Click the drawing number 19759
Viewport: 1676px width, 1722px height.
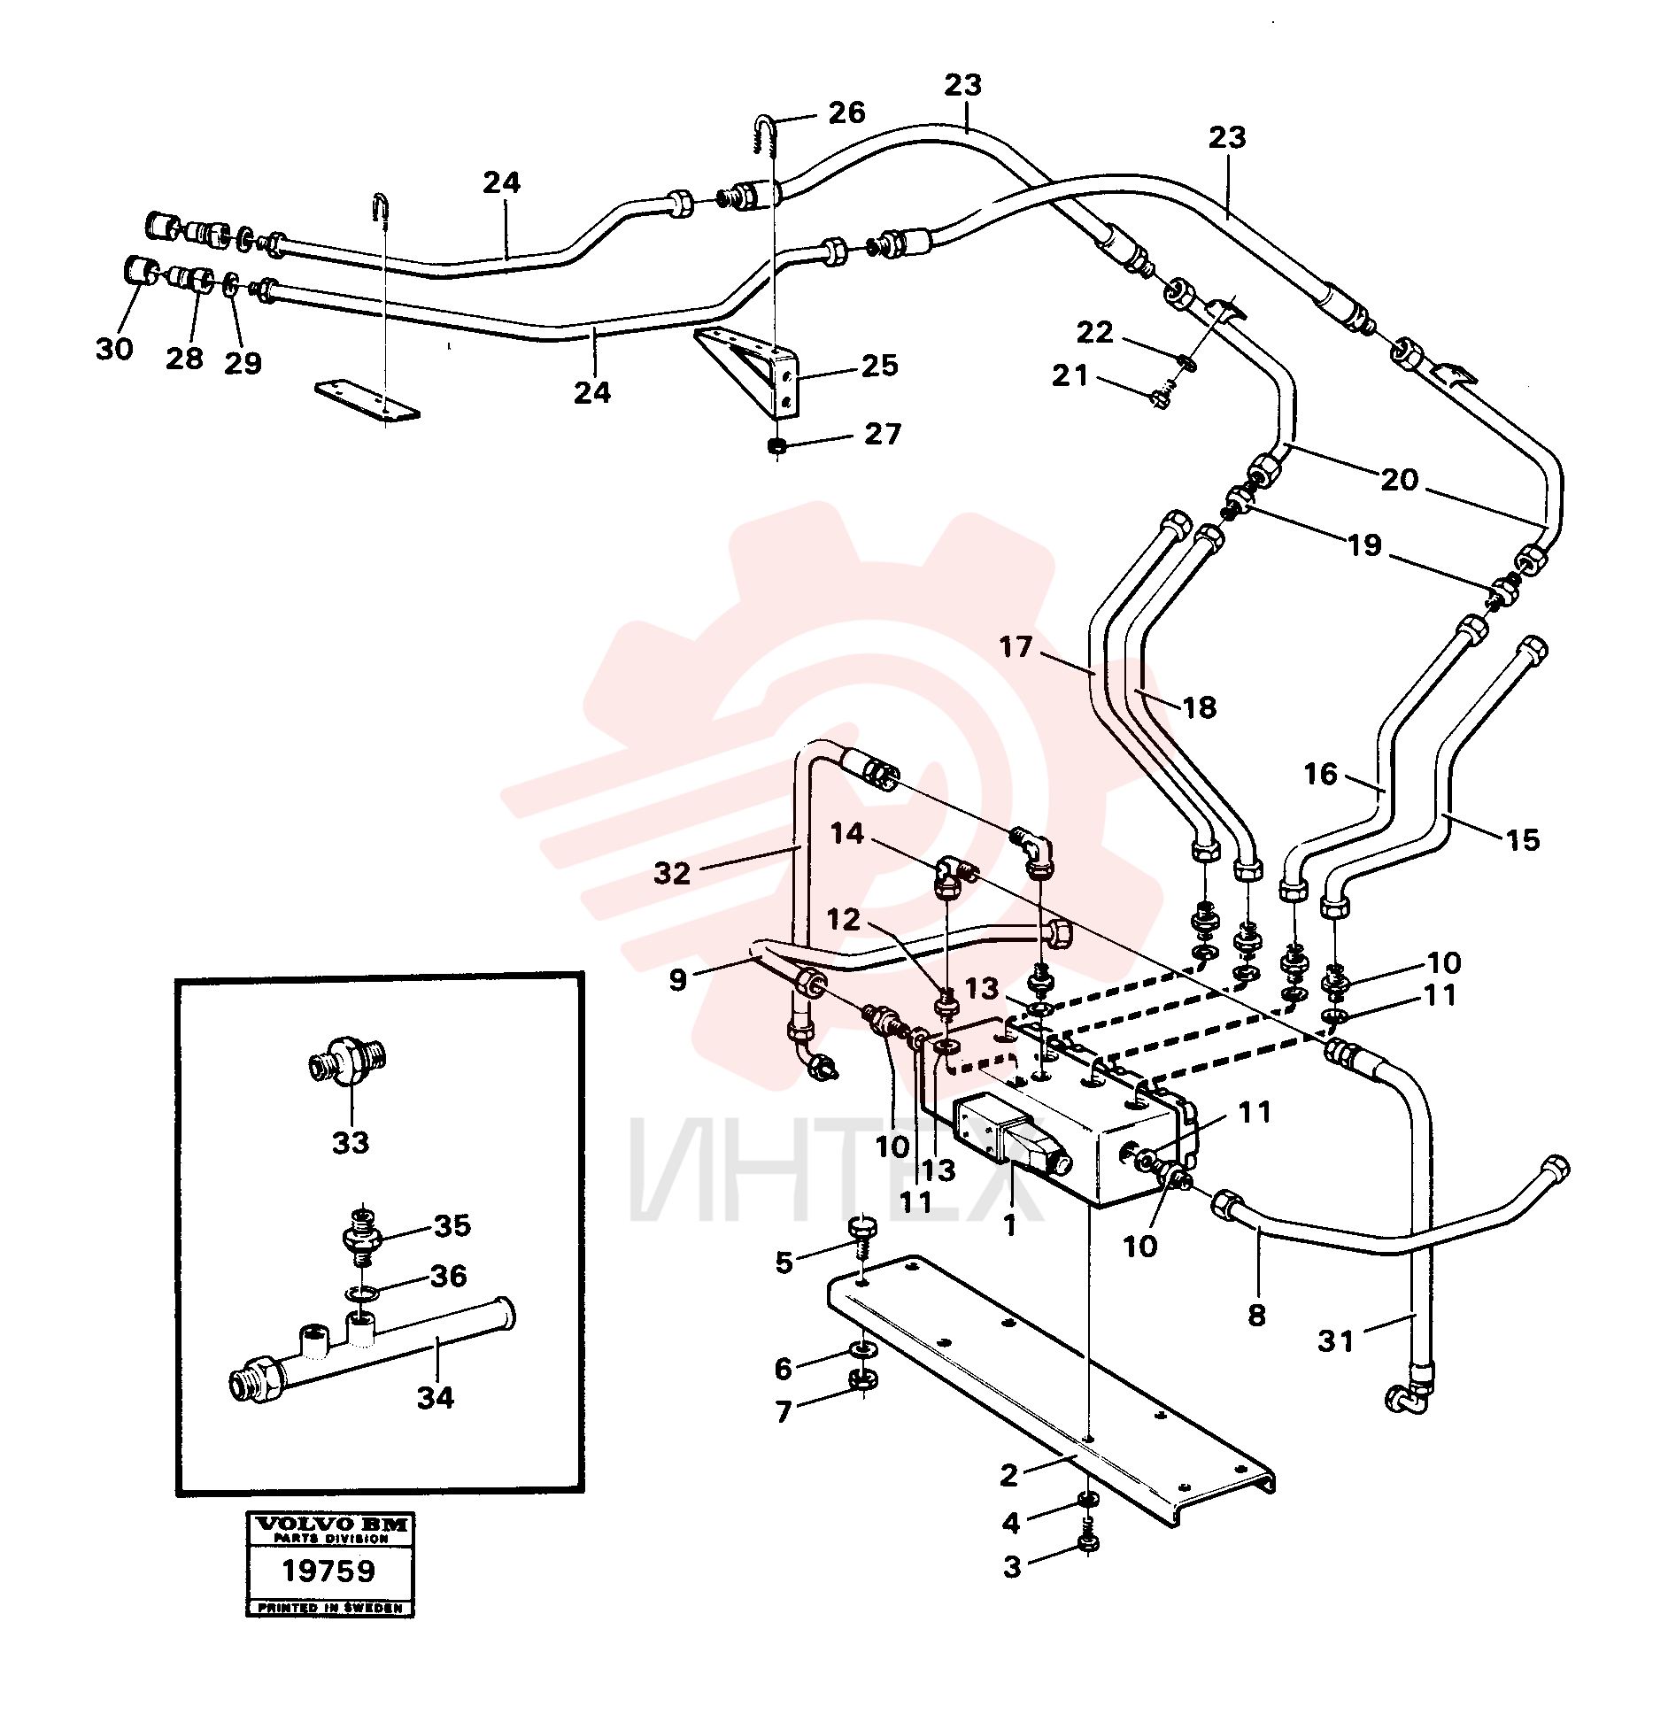(329, 1571)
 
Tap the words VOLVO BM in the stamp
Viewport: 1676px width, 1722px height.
(330, 1523)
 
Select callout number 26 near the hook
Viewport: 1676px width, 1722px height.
(846, 112)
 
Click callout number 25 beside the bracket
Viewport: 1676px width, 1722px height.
(880, 365)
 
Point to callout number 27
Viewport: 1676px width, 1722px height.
(883, 434)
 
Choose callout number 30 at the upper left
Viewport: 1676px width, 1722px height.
(114, 349)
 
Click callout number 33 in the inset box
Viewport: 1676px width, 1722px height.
(351, 1142)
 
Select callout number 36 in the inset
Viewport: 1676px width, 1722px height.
(449, 1276)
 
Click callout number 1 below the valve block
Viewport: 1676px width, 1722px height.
(1009, 1225)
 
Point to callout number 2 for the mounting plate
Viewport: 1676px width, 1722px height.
(1009, 1475)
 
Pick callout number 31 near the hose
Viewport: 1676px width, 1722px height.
(1336, 1340)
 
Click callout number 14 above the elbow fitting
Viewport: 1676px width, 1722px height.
(847, 833)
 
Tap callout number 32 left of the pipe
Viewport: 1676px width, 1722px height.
(672, 873)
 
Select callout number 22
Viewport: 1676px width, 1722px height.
(1094, 332)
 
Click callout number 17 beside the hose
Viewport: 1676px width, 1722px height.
(1016, 646)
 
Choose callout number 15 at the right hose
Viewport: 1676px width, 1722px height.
(1523, 839)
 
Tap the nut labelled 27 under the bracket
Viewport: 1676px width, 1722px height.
(776, 445)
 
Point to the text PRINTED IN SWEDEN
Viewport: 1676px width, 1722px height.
(330, 1607)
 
